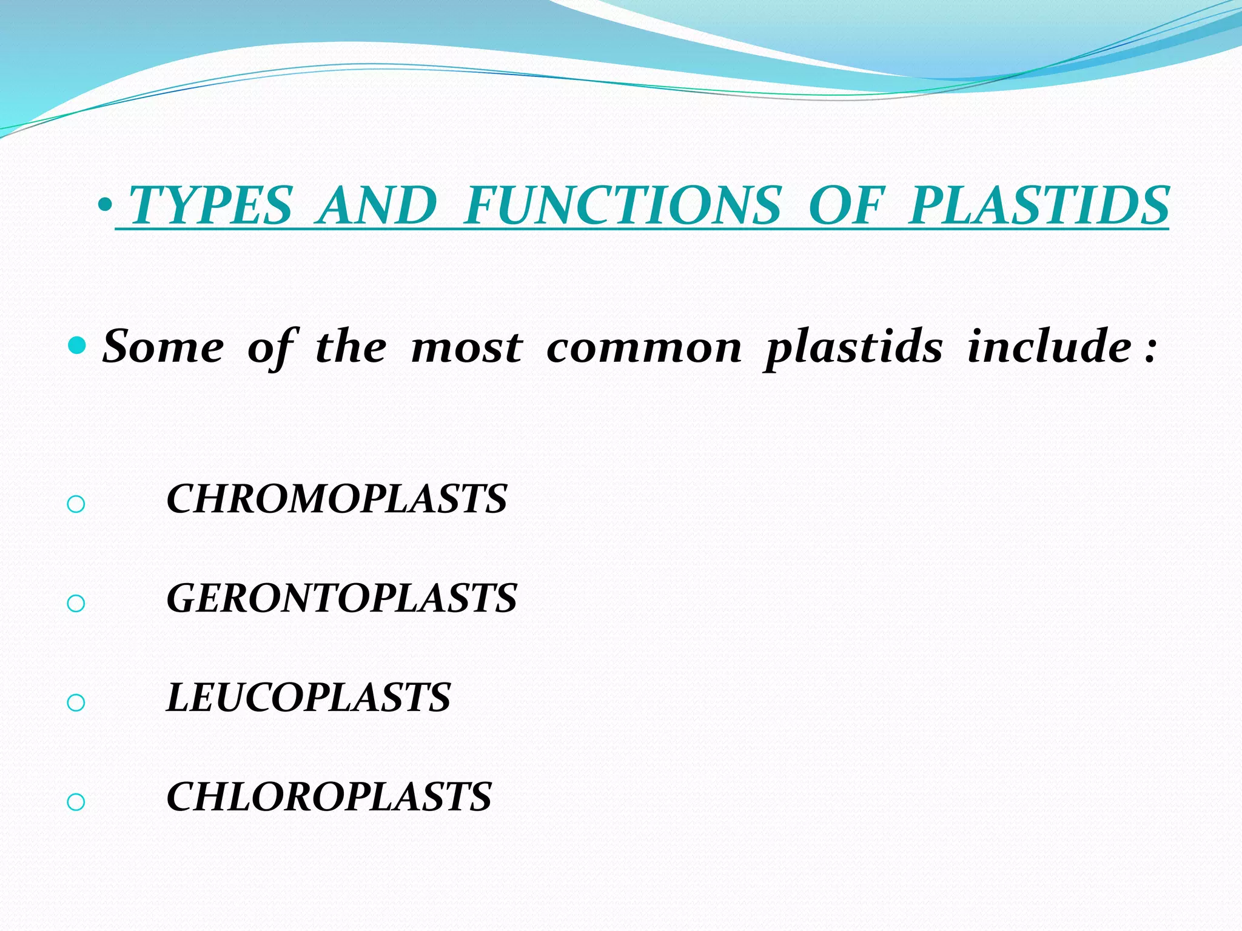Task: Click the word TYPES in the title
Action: [211, 206]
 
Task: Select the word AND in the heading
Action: [377, 206]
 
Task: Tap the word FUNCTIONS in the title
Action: [622, 206]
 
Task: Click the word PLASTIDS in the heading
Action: [1039, 206]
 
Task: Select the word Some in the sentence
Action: [163, 347]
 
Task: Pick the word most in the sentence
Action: [466, 347]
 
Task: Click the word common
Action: [644, 347]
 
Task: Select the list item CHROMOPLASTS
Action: [337, 499]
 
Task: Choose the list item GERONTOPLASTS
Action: [341, 598]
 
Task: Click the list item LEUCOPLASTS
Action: [309, 697]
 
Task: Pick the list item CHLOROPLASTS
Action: [329, 796]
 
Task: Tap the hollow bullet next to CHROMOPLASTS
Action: [76, 504]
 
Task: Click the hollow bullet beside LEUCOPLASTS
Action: [76, 703]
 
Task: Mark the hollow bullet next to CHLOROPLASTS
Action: [76, 803]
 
